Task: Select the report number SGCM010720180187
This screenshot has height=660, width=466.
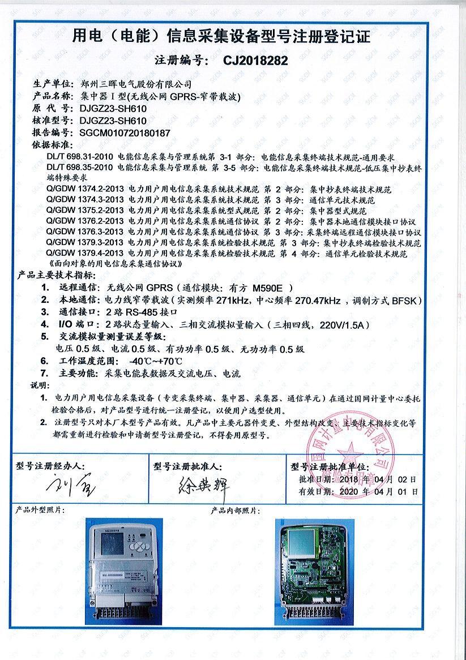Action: point(125,132)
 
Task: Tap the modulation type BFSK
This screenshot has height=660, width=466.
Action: point(407,300)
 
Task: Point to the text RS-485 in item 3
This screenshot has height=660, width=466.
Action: point(140,312)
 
